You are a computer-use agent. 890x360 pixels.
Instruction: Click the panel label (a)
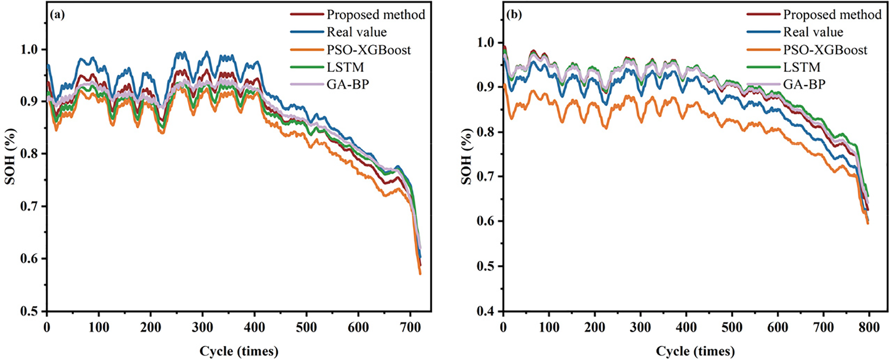click(57, 15)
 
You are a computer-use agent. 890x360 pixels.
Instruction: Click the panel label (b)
click(514, 15)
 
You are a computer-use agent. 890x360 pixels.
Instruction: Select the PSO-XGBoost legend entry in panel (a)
click(369, 50)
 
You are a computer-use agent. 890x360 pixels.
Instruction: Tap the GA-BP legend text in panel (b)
click(804, 84)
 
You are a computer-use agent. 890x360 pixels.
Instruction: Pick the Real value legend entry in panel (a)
click(356, 32)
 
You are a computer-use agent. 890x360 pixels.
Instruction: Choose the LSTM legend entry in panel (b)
click(802, 67)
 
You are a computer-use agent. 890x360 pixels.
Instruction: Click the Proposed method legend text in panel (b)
click(832, 15)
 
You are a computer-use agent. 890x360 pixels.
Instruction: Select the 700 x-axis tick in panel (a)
click(410, 327)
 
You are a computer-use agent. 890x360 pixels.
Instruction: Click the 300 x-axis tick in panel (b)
click(640, 327)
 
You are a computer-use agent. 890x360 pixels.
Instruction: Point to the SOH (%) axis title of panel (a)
click(10, 157)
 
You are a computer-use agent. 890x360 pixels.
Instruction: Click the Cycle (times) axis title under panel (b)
click(695, 351)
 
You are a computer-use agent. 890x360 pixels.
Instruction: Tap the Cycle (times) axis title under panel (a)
click(239, 351)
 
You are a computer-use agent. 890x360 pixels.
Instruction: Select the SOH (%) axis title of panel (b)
click(466, 157)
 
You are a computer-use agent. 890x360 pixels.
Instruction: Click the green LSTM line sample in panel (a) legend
click(307, 67)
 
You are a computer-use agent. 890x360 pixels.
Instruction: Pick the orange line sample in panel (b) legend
click(763, 50)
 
